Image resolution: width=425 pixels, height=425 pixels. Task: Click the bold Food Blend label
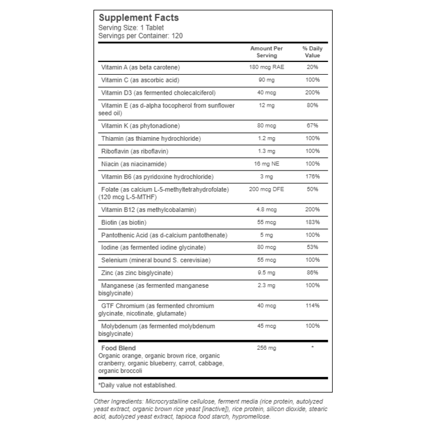tap(119, 347)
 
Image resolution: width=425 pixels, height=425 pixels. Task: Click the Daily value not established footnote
tap(137, 385)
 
